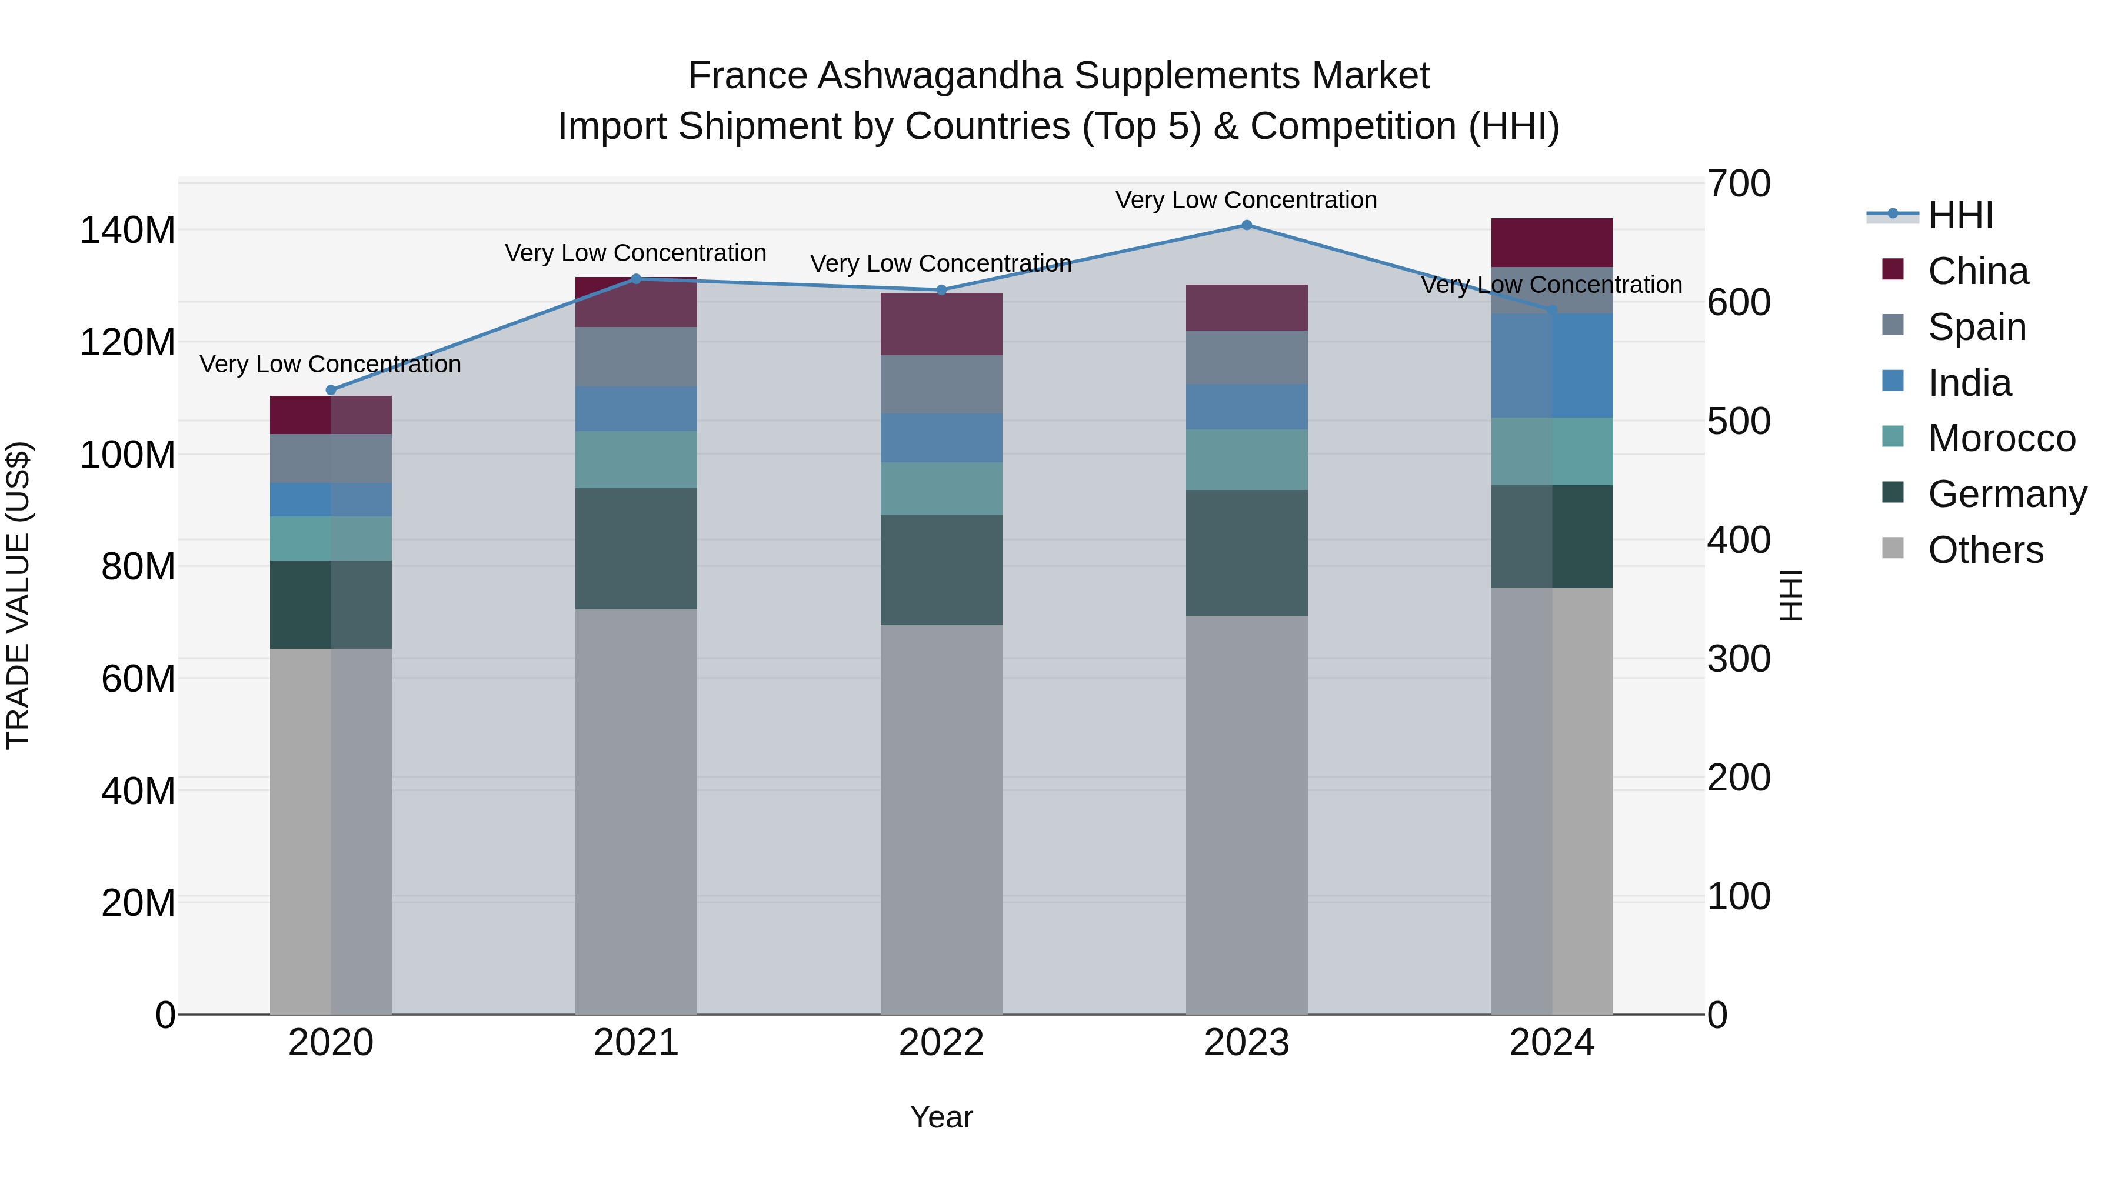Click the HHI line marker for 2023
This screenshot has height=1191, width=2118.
tap(1247, 225)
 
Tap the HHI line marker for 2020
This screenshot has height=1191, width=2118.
tap(331, 391)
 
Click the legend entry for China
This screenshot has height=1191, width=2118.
tap(1977, 271)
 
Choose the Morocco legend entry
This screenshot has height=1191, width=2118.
tap(2002, 438)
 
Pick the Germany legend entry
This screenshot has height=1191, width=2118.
tap(2007, 494)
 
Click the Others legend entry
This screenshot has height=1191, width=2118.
tap(1985, 550)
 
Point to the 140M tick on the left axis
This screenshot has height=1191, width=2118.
tap(128, 230)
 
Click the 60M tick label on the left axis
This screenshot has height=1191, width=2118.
tap(138, 679)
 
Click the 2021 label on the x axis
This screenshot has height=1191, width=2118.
tap(635, 1043)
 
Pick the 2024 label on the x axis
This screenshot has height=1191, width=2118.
tap(1551, 1043)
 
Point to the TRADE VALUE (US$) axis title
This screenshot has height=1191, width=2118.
tap(18, 595)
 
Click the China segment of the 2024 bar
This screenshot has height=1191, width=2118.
tap(1551, 242)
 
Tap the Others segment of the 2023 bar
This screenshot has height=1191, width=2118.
tap(1247, 814)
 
